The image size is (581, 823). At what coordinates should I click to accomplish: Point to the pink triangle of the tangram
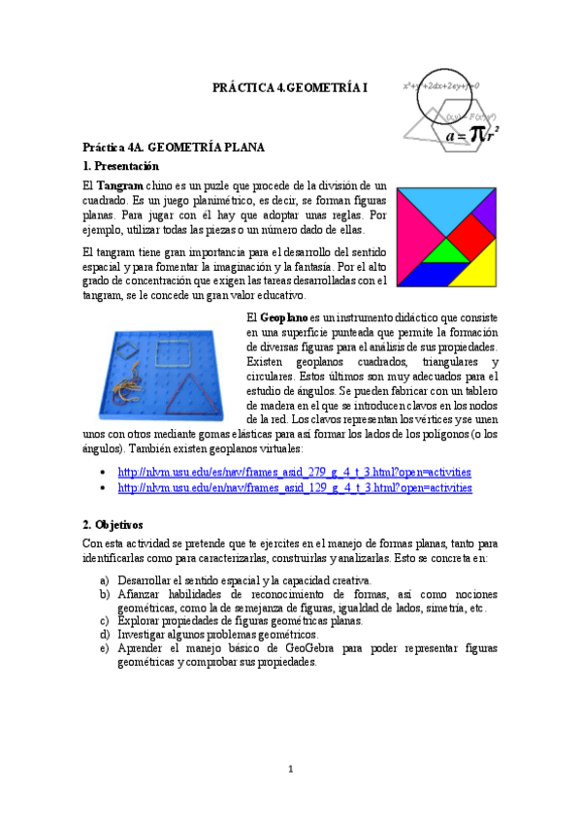(x=413, y=231)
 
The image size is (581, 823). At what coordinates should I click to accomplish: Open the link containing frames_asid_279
(x=295, y=472)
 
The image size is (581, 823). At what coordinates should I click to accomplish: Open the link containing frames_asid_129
(x=295, y=487)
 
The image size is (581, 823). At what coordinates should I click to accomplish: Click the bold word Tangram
(x=120, y=184)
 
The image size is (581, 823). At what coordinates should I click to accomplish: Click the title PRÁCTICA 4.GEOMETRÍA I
(x=291, y=88)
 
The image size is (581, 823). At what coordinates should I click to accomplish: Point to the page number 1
(x=290, y=770)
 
